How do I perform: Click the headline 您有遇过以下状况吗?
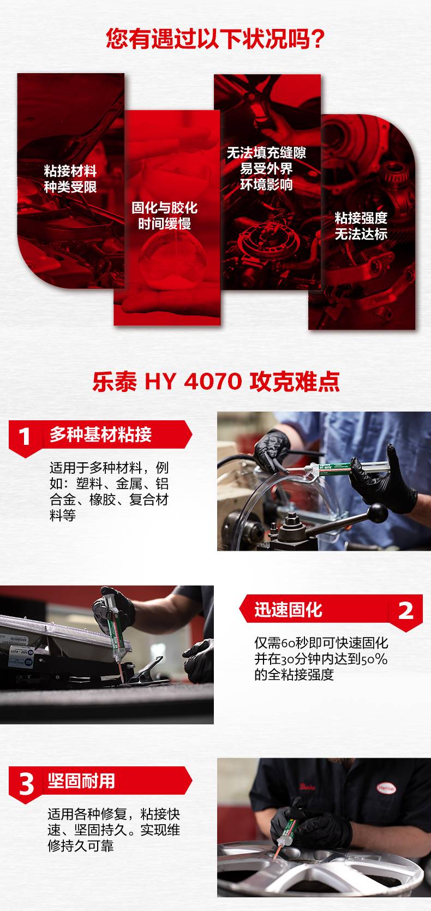click(x=215, y=39)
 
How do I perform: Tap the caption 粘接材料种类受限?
click(x=70, y=179)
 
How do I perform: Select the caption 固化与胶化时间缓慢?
click(x=165, y=216)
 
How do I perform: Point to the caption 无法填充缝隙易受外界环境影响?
click(x=266, y=169)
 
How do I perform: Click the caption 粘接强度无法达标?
click(x=361, y=226)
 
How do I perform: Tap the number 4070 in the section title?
click(x=213, y=382)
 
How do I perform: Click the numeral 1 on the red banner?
click(x=25, y=437)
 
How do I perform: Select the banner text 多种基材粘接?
click(x=100, y=435)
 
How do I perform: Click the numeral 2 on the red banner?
click(x=405, y=611)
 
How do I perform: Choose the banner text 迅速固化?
click(x=288, y=610)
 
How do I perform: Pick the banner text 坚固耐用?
click(x=81, y=781)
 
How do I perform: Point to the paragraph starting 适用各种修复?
click(x=114, y=830)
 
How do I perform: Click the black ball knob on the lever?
click(x=378, y=513)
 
